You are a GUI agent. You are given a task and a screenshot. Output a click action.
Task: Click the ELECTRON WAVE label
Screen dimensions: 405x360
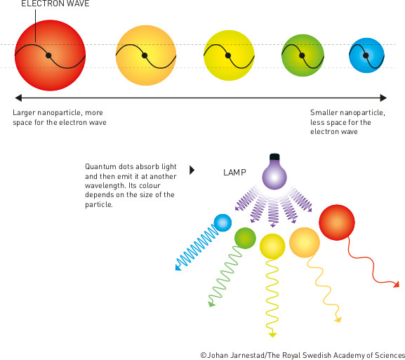pyautogui.click(x=55, y=4)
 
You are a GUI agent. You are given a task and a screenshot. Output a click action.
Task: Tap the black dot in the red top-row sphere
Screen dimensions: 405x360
pyautogui.click(x=48, y=55)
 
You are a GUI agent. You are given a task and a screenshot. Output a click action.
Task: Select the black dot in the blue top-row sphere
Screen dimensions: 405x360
pyautogui.click(x=366, y=55)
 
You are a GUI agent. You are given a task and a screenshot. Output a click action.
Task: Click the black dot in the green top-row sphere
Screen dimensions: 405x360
pyautogui.click(x=302, y=55)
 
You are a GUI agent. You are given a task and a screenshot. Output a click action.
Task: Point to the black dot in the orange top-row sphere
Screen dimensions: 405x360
pyautogui.click(x=145, y=55)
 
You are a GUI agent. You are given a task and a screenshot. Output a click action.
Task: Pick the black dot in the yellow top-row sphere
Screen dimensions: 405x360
pyautogui.click(x=228, y=55)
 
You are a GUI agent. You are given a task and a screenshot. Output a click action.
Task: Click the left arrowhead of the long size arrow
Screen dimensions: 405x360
pyautogui.click(x=18, y=98)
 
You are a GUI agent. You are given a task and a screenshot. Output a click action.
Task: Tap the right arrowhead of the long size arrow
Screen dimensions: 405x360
pyautogui.click(x=383, y=98)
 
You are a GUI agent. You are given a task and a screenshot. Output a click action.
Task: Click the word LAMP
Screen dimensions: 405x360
pyautogui.click(x=234, y=172)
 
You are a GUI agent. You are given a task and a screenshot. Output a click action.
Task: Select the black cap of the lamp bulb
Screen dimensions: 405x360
pyautogui.click(x=274, y=156)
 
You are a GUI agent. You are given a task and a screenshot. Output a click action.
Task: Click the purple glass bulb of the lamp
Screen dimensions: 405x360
pyautogui.click(x=274, y=175)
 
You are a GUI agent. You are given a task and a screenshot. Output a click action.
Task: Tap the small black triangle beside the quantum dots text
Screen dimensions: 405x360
pyautogui.click(x=192, y=171)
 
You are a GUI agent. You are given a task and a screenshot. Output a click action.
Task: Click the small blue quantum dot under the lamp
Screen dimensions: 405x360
pyautogui.click(x=223, y=222)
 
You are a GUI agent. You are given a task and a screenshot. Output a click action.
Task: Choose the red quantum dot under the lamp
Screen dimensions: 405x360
pyautogui.click(x=337, y=222)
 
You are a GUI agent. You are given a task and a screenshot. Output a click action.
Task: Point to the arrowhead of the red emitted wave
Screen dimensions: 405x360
pyautogui.click(x=396, y=284)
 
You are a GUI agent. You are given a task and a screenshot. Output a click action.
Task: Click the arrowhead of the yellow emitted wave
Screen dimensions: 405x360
pyautogui.click(x=272, y=335)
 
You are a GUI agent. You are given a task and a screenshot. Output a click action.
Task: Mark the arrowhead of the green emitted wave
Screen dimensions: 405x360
pyautogui.click(x=211, y=304)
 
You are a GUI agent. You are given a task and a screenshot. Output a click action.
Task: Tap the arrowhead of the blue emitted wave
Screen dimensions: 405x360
pyautogui.click(x=178, y=267)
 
